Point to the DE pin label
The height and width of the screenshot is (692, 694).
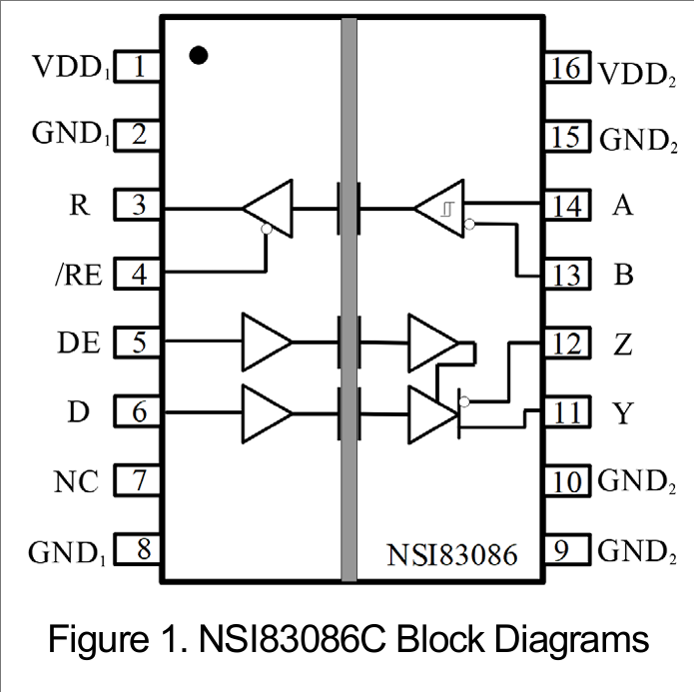click(x=79, y=344)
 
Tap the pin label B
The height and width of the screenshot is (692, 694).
click(x=623, y=275)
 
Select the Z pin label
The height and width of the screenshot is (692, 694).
click(x=623, y=345)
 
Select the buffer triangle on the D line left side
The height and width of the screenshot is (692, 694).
click(x=266, y=412)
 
